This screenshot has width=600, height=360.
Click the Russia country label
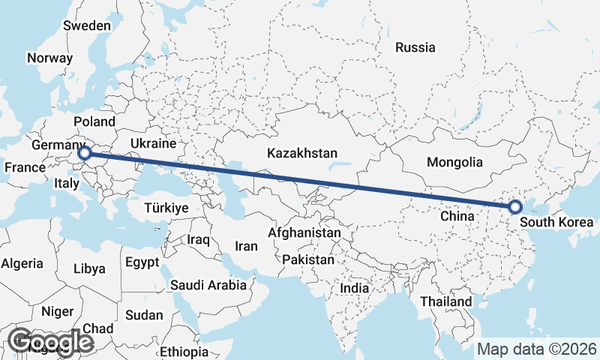pos(415,47)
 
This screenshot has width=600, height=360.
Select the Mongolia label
pos(454,162)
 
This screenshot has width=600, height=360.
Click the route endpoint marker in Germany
pos(85,154)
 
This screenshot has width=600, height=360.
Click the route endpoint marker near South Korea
pos(515,207)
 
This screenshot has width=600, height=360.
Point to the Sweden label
pos(87,25)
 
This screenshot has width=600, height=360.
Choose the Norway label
pos(49,58)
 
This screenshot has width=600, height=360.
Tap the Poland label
pos(94,121)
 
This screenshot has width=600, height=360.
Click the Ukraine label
pos(153,143)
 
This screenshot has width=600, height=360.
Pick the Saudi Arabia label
pos(208,285)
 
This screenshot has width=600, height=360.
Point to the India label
pos(354,288)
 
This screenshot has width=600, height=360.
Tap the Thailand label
pos(446,301)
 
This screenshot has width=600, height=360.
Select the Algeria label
pos(22,263)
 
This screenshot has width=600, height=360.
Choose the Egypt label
pos(142,262)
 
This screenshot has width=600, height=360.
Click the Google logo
pos(51,342)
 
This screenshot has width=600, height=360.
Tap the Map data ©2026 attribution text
pos(537,349)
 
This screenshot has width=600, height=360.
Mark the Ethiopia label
pos(184,352)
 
